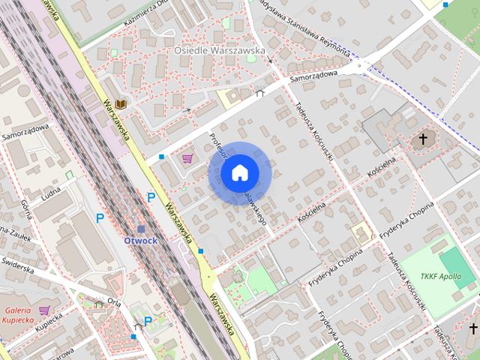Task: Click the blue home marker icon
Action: click(238, 173)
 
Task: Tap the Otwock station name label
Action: click(140, 241)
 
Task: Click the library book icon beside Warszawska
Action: click(120, 106)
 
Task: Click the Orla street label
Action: click(114, 301)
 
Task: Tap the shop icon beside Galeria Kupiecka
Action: click(45, 310)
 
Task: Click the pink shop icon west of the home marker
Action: click(187, 157)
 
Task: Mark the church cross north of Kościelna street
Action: click(423, 139)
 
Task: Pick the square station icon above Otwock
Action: click(140, 228)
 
